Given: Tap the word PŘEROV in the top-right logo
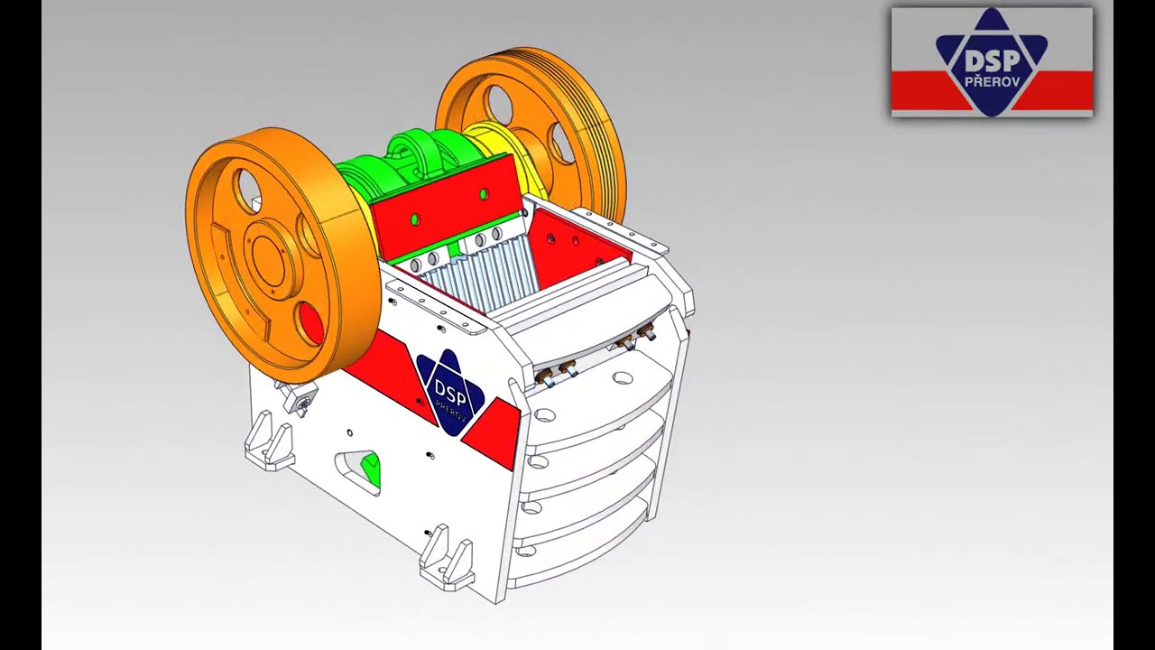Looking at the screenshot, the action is pos(992,82).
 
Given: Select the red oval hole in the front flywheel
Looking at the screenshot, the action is pos(310,323).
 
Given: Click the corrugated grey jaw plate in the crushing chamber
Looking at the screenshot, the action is pos(479,279).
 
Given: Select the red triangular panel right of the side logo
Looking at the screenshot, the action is pos(492,433).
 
